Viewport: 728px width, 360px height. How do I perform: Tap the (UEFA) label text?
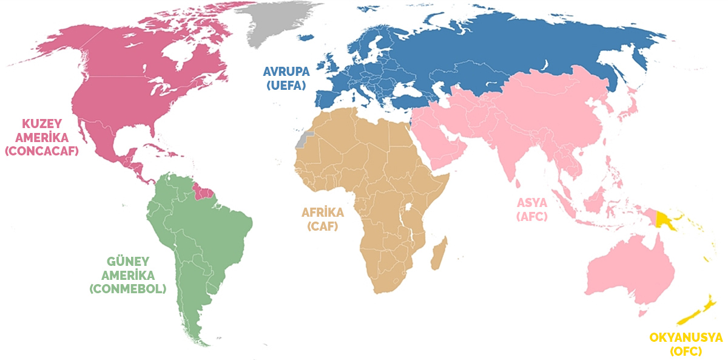(286, 85)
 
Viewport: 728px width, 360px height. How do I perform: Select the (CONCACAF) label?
(42, 151)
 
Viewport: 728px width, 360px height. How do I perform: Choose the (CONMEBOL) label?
(127, 289)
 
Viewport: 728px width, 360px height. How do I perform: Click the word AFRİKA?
(322, 213)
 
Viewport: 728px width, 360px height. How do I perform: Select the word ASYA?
(532, 202)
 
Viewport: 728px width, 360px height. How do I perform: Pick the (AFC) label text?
(532, 216)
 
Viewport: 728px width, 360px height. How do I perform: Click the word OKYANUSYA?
(686, 337)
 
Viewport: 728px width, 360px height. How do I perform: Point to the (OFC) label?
(686, 351)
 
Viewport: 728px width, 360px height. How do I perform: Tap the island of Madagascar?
(440, 253)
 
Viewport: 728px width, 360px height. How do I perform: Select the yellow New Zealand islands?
(697, 313)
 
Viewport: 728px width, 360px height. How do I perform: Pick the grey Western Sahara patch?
(304, 140)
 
